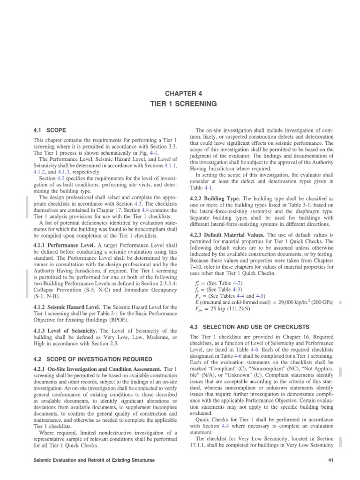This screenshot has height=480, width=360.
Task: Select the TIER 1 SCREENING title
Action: pyautogui.click(x=180, y=104)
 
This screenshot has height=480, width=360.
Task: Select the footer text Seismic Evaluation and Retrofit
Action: pyautogui.click(x=91, y=461)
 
